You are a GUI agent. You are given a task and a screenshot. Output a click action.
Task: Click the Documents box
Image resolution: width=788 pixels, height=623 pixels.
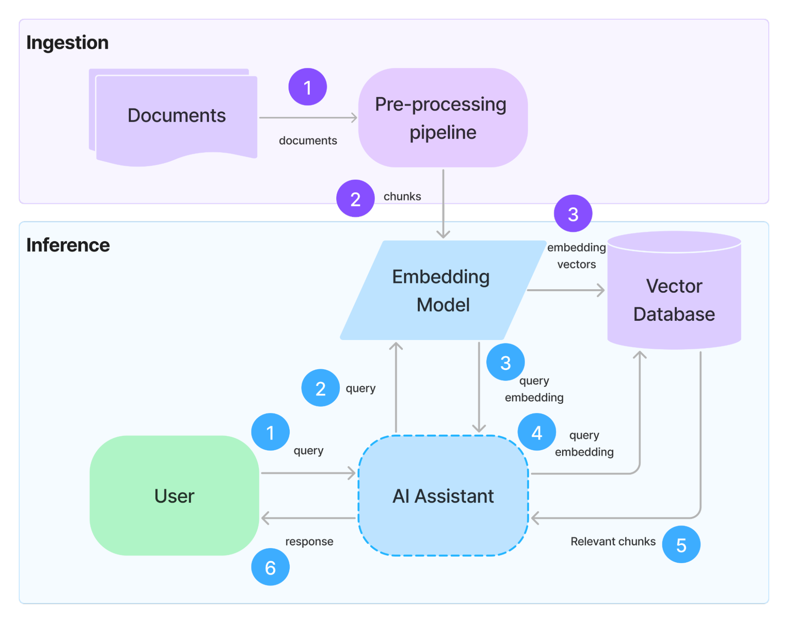pyautogui.click(x=177, y=116)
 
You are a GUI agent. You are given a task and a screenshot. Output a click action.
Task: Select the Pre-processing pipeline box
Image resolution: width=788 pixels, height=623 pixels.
pyautogui.click(x=443, y=118)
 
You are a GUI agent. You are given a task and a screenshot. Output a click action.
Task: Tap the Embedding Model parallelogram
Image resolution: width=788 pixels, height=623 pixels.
pyautogui.click(x=442, y=290)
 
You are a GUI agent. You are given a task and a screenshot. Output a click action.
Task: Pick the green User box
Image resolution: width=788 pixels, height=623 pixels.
pyautogui.click(x=174, y=496)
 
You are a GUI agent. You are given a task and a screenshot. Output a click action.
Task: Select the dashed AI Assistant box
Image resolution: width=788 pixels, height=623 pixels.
pyautogui.click(x=443, y=496)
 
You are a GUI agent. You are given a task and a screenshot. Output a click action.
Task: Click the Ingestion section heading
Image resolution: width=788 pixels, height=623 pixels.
pyautogui.click(x=67, y=43)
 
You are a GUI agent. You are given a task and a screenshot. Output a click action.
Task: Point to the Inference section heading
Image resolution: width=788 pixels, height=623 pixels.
pyautogui.click(x=68, y=245)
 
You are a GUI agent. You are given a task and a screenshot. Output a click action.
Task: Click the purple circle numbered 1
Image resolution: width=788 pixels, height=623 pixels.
pyautogui.click(x=307, y=87)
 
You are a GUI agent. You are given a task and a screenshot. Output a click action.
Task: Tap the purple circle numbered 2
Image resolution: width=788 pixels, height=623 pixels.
pyautogui.click(x=355, y=199)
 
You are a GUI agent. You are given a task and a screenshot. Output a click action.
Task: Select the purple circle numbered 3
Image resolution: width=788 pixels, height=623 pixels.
pyautogui.click(x=573, y=214)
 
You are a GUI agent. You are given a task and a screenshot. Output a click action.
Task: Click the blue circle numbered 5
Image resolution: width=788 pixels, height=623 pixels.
pyautogui.click(x=681, y=545)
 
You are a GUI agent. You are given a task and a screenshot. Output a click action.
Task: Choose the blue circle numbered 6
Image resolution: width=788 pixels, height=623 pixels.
pyautogui.click(x=270, y=567)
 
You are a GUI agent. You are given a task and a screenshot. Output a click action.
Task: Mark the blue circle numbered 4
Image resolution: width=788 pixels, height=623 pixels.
pyautogui.click(x=537, y=432)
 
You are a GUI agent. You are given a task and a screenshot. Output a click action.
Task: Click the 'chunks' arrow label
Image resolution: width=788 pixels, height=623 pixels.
pyautogui.click(x=402, y=196)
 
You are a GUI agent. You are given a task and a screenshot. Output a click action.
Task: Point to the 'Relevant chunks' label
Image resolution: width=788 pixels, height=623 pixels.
pyautogui.click(x=613, y=541)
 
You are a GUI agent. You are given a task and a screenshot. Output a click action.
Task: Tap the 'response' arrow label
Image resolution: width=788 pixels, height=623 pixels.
pyautogui.click(x=309, y=541)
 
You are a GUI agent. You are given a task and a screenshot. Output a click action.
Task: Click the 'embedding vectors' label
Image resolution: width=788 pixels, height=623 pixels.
pyautogui.click(x=576, y=256)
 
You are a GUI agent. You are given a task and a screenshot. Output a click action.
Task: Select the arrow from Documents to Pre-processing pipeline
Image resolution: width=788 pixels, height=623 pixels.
pyautogui.click(x=308, y=117)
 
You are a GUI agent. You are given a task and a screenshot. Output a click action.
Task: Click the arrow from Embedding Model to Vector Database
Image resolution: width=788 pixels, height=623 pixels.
pyautogui.click(x=566, y=290)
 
